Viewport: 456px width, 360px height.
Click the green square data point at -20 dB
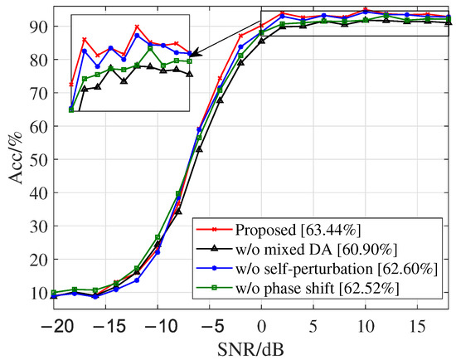point(54,292)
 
